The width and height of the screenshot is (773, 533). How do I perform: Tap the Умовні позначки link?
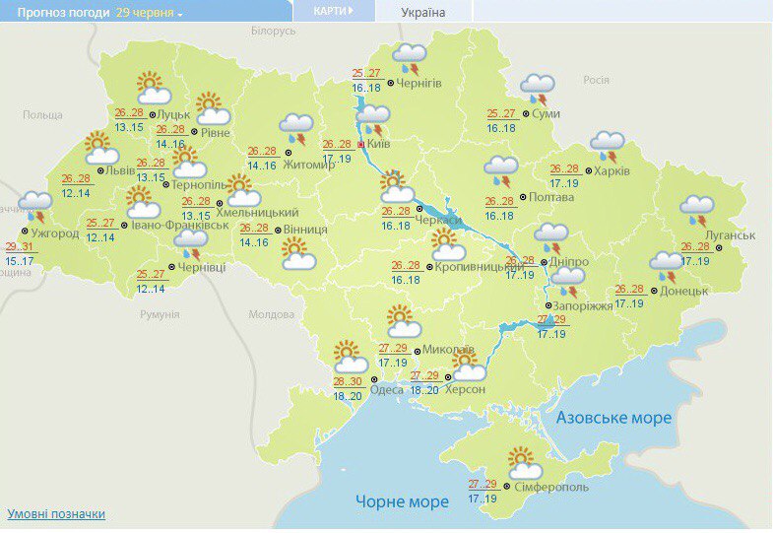(56, 514)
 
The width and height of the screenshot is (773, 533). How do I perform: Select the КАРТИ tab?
(330, 11)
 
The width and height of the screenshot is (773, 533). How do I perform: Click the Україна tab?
(423, 13)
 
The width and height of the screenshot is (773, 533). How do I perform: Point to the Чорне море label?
(402, 501)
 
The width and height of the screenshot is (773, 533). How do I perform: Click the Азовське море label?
(613, 418)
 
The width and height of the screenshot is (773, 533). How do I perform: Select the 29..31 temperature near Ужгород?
(19, 246)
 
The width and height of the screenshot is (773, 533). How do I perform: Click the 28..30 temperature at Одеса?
(347, 381)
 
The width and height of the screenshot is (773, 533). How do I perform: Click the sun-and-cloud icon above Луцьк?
(151, 88)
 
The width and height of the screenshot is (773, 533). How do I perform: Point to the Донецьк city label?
(685, 292)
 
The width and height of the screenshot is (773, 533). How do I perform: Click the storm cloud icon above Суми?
(538, 88)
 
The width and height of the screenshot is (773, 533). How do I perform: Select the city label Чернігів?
(420, 85)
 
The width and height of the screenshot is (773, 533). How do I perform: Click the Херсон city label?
(464, 390)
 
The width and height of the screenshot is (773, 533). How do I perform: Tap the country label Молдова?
(271, 314)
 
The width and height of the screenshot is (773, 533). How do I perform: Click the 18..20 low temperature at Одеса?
(347, 396)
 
